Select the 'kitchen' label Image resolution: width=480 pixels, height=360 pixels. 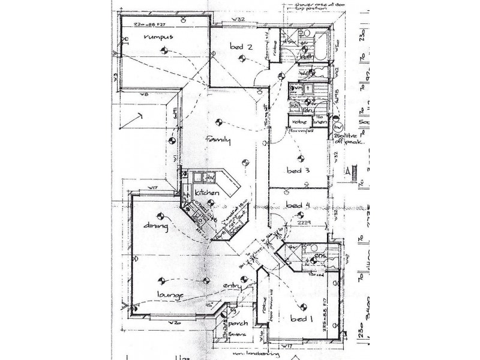click(x=206, y=193)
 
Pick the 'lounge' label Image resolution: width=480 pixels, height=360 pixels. click(x=170, y=295)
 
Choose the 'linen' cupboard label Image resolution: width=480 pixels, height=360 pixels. click(x=319, y=122)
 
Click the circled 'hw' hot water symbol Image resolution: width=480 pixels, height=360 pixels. click(x=337, y=128)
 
